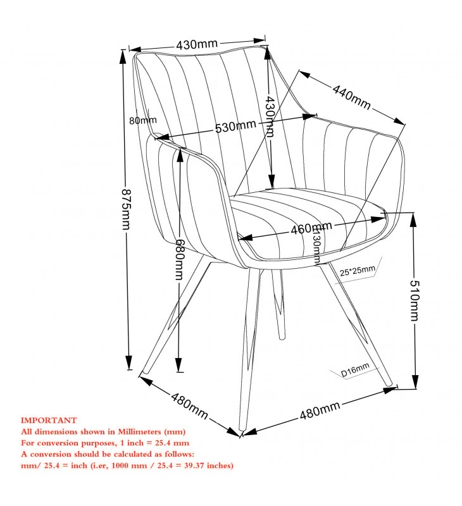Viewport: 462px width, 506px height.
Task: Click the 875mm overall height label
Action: (127, 209)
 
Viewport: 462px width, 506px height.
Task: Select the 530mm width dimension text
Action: (235, 126)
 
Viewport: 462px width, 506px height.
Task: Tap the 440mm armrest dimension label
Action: (352, 97)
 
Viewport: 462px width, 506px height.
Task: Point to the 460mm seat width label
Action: (311, 228)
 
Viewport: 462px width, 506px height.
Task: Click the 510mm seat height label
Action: (415, 300)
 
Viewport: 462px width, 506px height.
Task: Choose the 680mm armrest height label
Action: (180, 259)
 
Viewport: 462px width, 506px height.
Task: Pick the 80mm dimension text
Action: (142, 120)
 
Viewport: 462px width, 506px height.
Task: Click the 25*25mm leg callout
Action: (358, 271)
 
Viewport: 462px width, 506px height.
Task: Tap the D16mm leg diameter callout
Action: (355, 370)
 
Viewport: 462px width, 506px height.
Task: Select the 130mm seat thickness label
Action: (318, 245)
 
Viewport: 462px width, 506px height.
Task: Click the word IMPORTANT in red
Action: (49, 420)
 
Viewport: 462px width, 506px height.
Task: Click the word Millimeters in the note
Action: (139, 431)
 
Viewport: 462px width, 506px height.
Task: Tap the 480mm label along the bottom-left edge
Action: (189, 405)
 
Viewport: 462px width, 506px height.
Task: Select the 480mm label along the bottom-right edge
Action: (320, 410)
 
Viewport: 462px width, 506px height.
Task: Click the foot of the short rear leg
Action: (282, 338)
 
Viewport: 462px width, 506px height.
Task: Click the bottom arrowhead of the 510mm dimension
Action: (415, 381)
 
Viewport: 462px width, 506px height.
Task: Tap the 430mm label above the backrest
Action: (197, 44)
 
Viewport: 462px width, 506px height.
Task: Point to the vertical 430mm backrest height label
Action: (270, 116)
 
